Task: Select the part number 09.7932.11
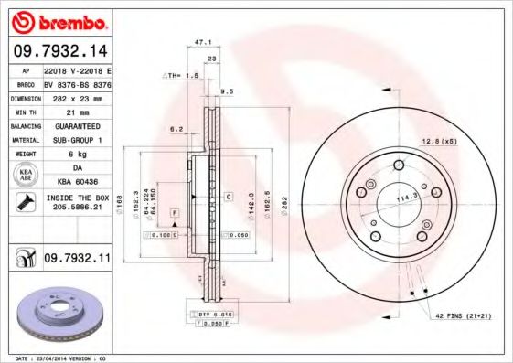click(76, 260)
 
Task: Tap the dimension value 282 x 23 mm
click(76, 96)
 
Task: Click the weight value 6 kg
click(76, 154)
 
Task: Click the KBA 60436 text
click(76, 183)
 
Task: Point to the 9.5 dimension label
click(226, 92)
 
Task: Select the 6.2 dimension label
click(176, 130)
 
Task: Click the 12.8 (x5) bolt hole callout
click(437, 140)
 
